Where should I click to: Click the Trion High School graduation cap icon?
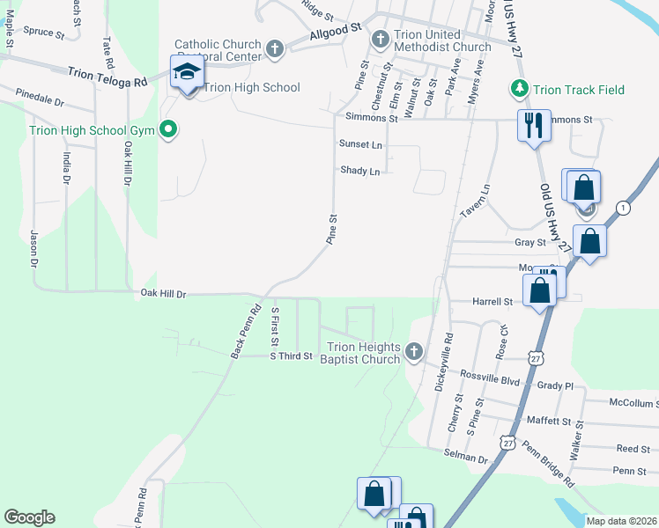click(187, 73)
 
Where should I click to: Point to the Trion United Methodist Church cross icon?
click(381, 40)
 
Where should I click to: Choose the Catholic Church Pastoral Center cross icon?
click(275, 49)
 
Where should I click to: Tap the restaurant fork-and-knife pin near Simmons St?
click(533, 125)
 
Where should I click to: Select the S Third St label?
click(291, 356)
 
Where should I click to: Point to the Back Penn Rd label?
click(246, 332)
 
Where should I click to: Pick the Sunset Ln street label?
click(361, 144)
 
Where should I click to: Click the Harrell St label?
click(493, 302)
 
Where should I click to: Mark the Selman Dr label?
click(470, 458)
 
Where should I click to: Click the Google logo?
click(29, 517)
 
